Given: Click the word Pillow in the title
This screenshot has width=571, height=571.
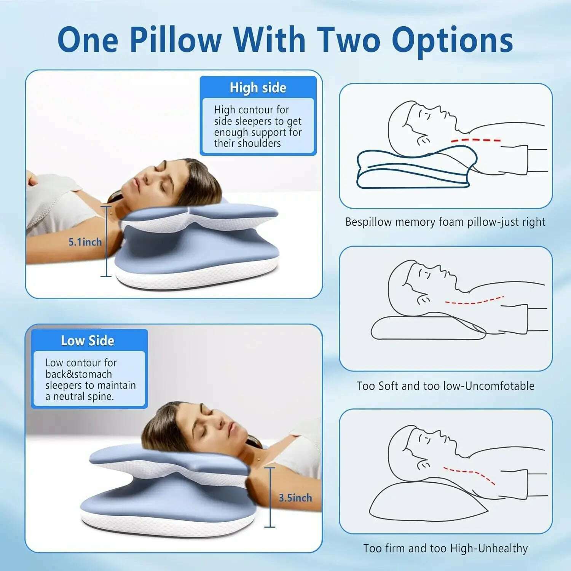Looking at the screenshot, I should tap(175, 40).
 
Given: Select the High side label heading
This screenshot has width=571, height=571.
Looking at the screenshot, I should tap(258, 88).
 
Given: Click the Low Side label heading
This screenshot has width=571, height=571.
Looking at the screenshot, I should tap(88, 341).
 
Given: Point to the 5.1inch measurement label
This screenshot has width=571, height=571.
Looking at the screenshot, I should tap(85, 242).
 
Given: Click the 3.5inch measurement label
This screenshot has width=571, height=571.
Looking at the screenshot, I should tap(295, 498).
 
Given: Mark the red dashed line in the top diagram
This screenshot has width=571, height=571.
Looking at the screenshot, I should tap(476, 140).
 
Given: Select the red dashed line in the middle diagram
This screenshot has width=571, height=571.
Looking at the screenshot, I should tap(474, 301).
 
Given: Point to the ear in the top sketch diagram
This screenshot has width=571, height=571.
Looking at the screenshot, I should tap(423, 141).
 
